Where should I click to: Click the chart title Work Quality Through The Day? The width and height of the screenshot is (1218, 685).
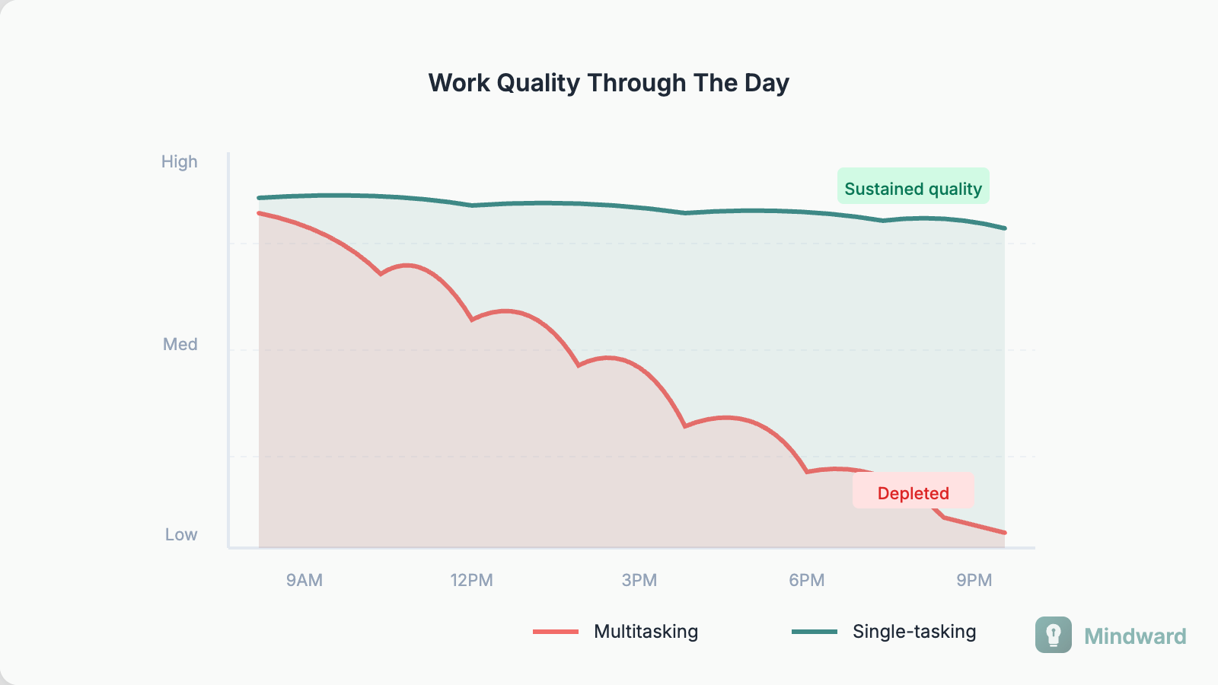click(608, 83)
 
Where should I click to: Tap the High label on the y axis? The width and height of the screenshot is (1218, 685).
click(180, 162)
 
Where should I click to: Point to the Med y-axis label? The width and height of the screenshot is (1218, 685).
click(180, 345)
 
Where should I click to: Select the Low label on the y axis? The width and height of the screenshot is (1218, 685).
click(181, 535)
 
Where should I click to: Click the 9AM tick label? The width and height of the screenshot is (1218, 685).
click(304, 581)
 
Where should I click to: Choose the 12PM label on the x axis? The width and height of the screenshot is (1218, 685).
click(471, 581)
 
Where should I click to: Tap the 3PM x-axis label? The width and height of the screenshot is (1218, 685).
click(639, 581)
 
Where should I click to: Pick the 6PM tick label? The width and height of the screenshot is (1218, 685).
click(807, 581)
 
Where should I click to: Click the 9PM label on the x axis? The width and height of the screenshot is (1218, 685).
click(974, 581)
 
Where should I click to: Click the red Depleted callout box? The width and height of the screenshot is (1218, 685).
click(913, 491)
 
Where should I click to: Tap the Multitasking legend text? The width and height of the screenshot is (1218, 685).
click(646, 632)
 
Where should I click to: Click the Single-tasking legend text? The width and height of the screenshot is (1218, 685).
click(914, 632)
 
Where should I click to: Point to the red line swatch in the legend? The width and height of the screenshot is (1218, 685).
click(556, 632)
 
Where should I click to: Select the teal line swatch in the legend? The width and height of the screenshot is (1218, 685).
click(815, 632)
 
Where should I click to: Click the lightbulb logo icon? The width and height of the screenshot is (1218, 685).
click(1053, 635)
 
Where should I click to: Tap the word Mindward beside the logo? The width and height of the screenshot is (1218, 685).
click(1135, 636)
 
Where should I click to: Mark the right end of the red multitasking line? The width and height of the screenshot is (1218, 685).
click(1004, 532)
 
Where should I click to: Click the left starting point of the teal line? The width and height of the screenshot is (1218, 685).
click(260, 198)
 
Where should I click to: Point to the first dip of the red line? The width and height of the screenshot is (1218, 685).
click(381, 273)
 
